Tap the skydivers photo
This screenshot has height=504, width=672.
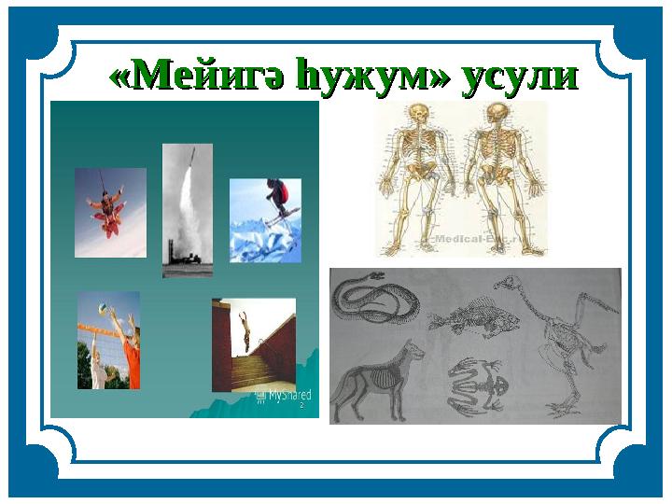[110, 212]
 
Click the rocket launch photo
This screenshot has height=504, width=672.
[187, 210]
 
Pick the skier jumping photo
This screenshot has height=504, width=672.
[265, 220]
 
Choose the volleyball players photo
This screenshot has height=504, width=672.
[108, 340]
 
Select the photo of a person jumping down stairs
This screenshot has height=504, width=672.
[253, 345]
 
